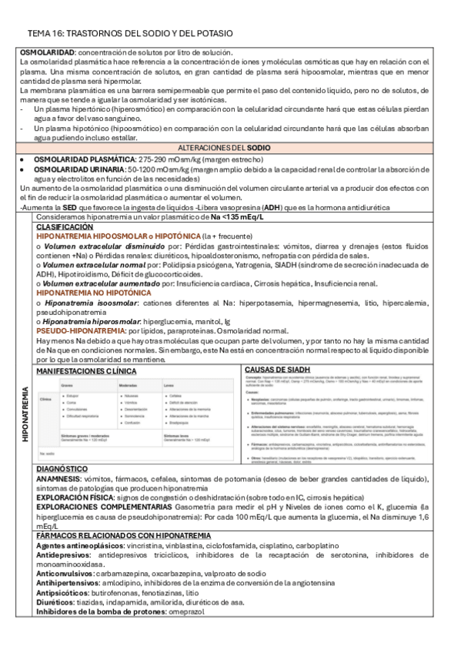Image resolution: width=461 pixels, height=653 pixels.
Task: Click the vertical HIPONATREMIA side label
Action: point(25,414)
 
